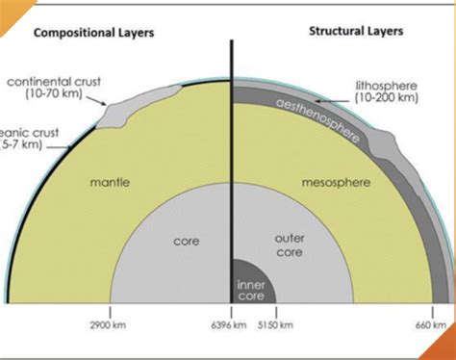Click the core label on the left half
point(186,242)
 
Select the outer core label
point(290,244)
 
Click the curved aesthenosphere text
point(318,120)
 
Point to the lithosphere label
point(390,84)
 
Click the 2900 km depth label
point(111,326)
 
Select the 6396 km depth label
point(229,326)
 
